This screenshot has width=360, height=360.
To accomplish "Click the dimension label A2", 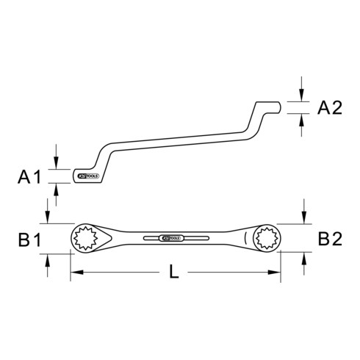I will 328,109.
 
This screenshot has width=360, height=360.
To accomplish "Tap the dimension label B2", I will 328,239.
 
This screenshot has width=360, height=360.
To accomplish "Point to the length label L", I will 173,272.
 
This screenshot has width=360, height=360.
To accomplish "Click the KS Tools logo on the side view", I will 87,176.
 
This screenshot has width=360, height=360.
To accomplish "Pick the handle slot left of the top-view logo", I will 153,238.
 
